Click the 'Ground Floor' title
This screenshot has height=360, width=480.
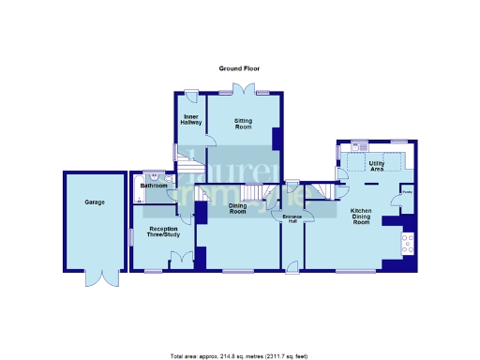point(239,68)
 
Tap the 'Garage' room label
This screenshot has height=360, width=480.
point(94,202)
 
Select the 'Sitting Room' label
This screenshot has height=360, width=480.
point(243,122)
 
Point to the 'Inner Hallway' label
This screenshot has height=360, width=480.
point(191,119)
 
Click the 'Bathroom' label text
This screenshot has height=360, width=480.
point(153,186)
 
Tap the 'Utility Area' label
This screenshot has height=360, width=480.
point(378,166)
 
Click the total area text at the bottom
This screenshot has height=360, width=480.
point(239,355)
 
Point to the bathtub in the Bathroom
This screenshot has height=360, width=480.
point(140,186)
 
